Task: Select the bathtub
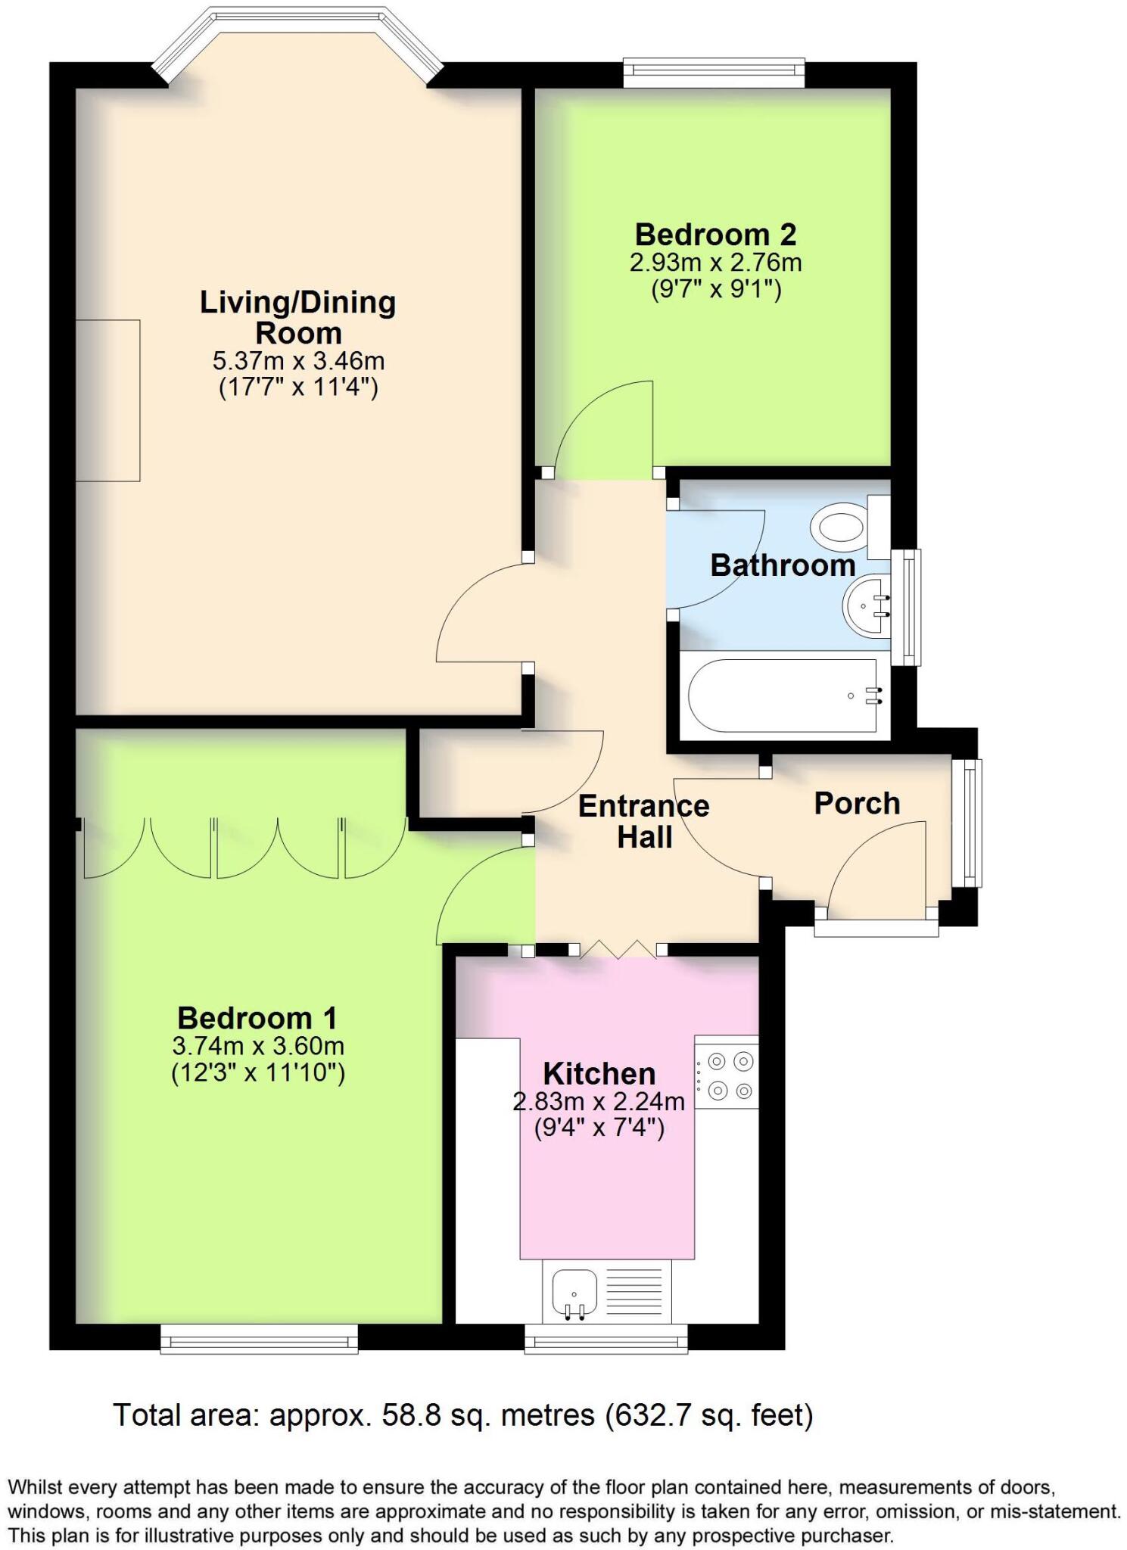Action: [x=783, y=695]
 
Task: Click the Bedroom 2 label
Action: [x=715, y=234]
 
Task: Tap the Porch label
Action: [x=857, y=803]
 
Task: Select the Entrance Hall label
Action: [x=643, y=821]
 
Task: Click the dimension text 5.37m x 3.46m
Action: [x=298, y=360]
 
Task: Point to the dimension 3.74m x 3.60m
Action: [x=258, y=1046]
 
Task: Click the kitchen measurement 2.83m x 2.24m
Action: [x=599, y=1101]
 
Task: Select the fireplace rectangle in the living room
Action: [x=107, y=400]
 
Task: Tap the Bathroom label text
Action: [x=783, y=565]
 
